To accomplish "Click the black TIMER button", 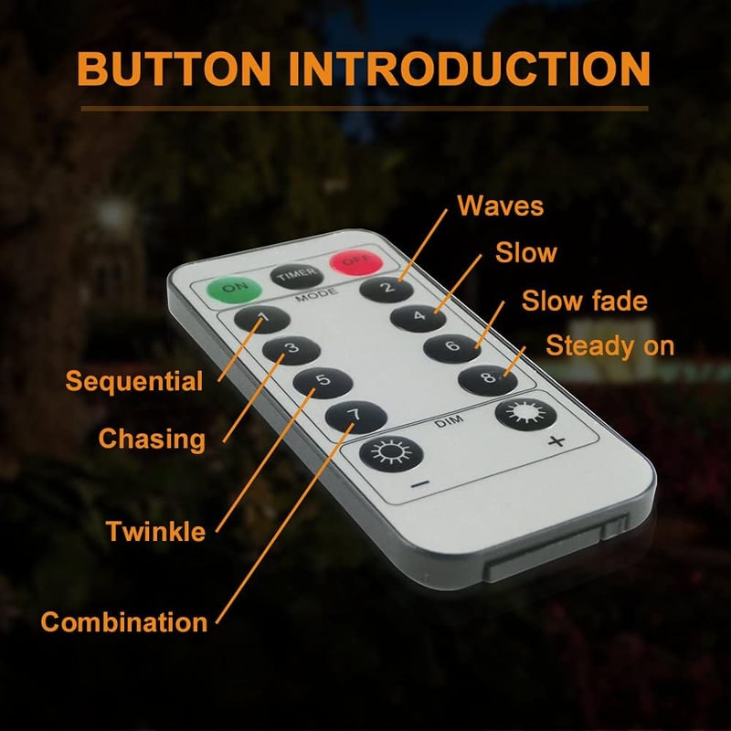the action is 296,277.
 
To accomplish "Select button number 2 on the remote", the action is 387,289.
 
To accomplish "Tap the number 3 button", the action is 291,350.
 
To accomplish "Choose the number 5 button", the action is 323,383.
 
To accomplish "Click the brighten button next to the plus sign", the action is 525,414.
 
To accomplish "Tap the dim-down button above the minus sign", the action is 391,453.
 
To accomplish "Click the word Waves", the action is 500,206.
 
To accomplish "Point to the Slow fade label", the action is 585,301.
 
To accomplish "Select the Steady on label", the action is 610,346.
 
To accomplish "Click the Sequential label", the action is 134,382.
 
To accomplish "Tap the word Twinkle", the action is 155,531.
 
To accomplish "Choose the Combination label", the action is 124,622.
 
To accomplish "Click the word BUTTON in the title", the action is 174,69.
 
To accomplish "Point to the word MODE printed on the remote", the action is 317,295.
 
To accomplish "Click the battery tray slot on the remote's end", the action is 557,549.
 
